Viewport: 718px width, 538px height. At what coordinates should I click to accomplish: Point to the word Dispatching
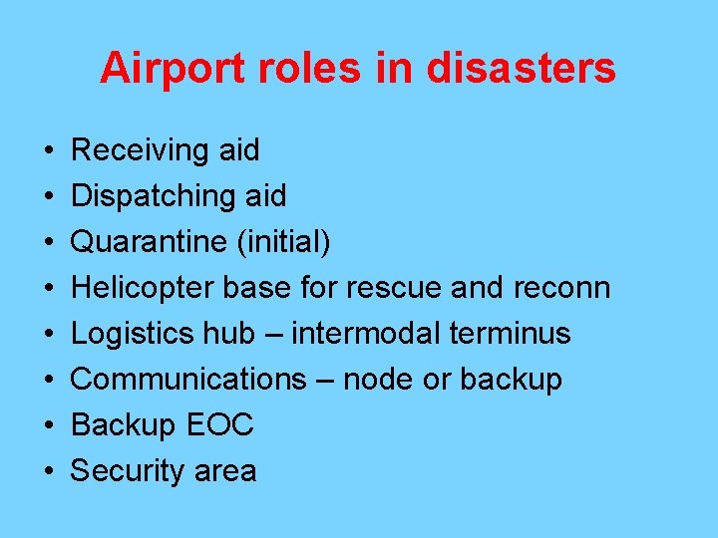150,196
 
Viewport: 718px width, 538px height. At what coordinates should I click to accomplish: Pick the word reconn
561,288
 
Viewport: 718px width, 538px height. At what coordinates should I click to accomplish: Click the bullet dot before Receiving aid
48,151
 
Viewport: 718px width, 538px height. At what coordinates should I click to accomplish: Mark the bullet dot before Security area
48,472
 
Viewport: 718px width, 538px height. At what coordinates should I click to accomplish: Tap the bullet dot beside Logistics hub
48,335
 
